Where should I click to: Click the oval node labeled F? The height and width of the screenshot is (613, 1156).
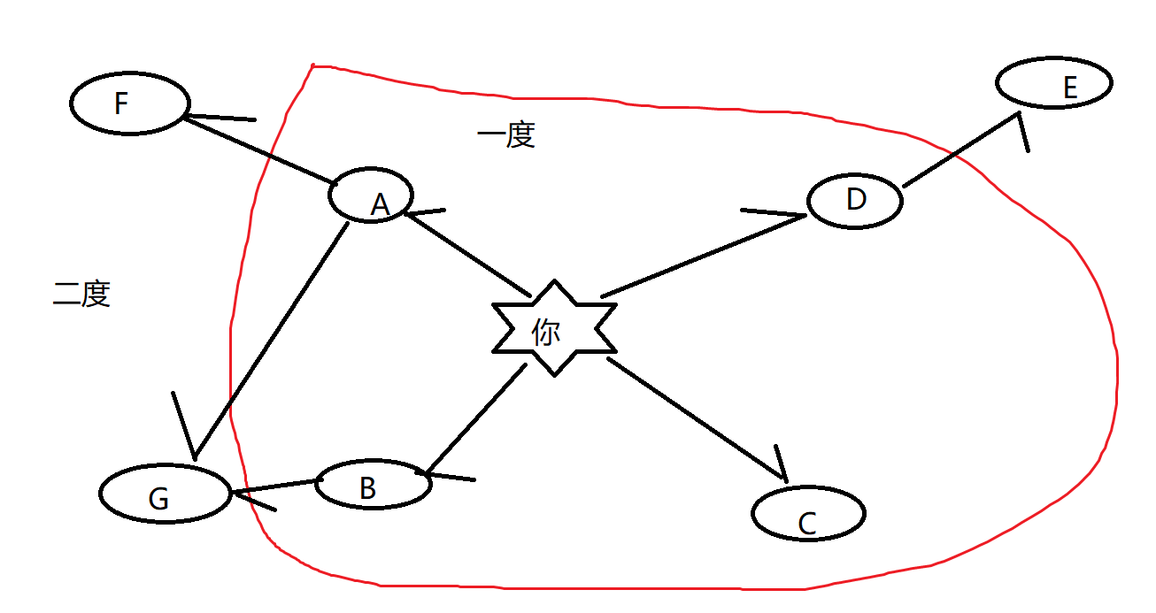tap(129, 103)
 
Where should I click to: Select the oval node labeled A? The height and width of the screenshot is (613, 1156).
tap(371, 195)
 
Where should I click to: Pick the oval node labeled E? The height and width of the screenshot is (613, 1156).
tap(1053, 83)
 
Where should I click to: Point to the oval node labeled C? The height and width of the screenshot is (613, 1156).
tap(808, 513)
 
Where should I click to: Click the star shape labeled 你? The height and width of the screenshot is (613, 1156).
tap(554, 328)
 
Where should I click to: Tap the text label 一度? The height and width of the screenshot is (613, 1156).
tap(505, 135)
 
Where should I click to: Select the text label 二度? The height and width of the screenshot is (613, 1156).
tap(81, 293)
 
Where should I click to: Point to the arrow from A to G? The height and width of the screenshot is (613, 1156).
tap(271, 336)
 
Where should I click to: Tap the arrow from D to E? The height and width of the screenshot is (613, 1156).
tap(960, 150)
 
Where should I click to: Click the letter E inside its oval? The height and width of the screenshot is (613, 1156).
tap(1069, 88)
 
